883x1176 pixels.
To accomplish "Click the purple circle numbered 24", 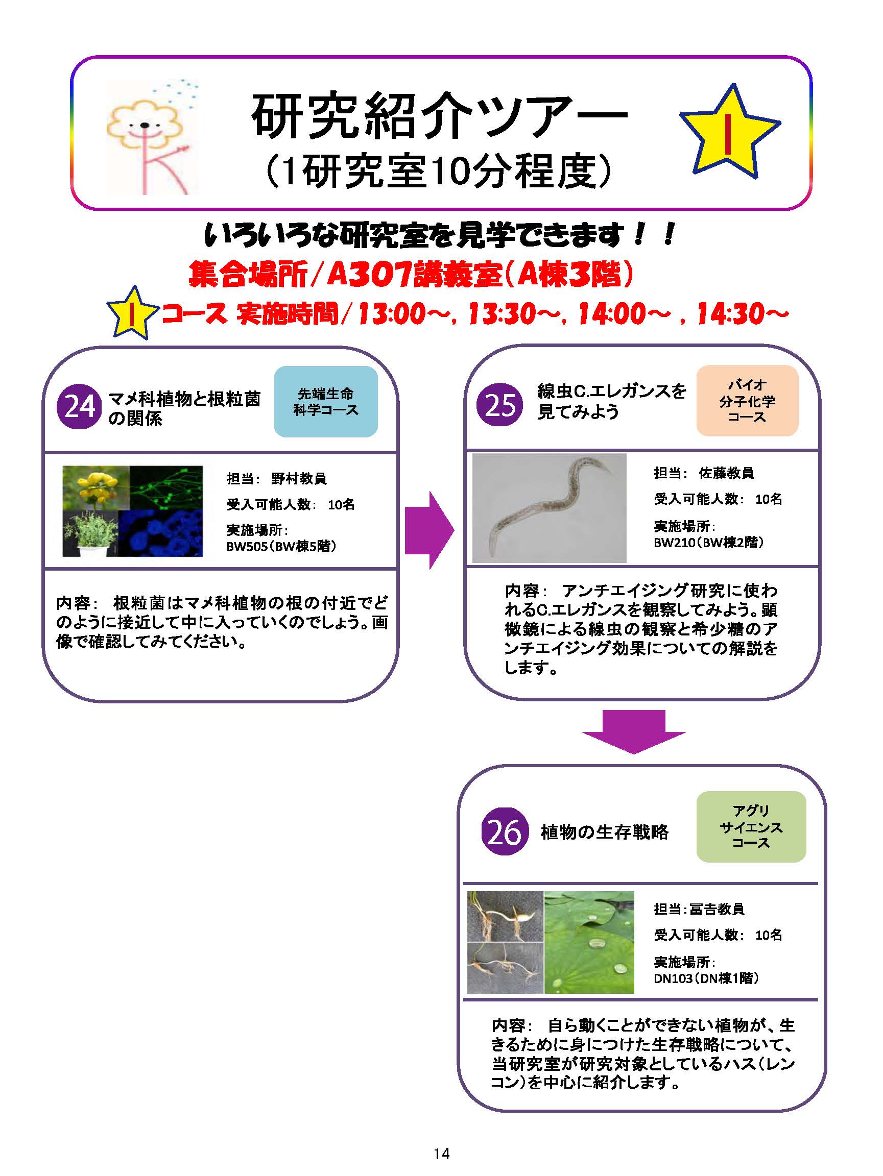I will tap(79, 407).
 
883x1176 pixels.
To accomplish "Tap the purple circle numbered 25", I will tap(499, 405).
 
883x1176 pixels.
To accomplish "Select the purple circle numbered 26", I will tap(504, 831).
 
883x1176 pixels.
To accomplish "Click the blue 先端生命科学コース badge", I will tap(325, 402).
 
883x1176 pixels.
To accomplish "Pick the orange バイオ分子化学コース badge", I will tap(747, 401).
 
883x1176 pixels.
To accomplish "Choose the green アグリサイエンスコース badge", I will tap(751, 827).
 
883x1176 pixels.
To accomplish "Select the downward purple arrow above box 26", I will tap(634, 731).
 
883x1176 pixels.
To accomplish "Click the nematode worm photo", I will tap(549, 508).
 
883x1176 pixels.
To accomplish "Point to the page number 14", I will tap(441, 1153).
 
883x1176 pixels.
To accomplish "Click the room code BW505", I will tap(247, 547).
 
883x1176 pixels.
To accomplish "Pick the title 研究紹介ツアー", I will tap(439, 116).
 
